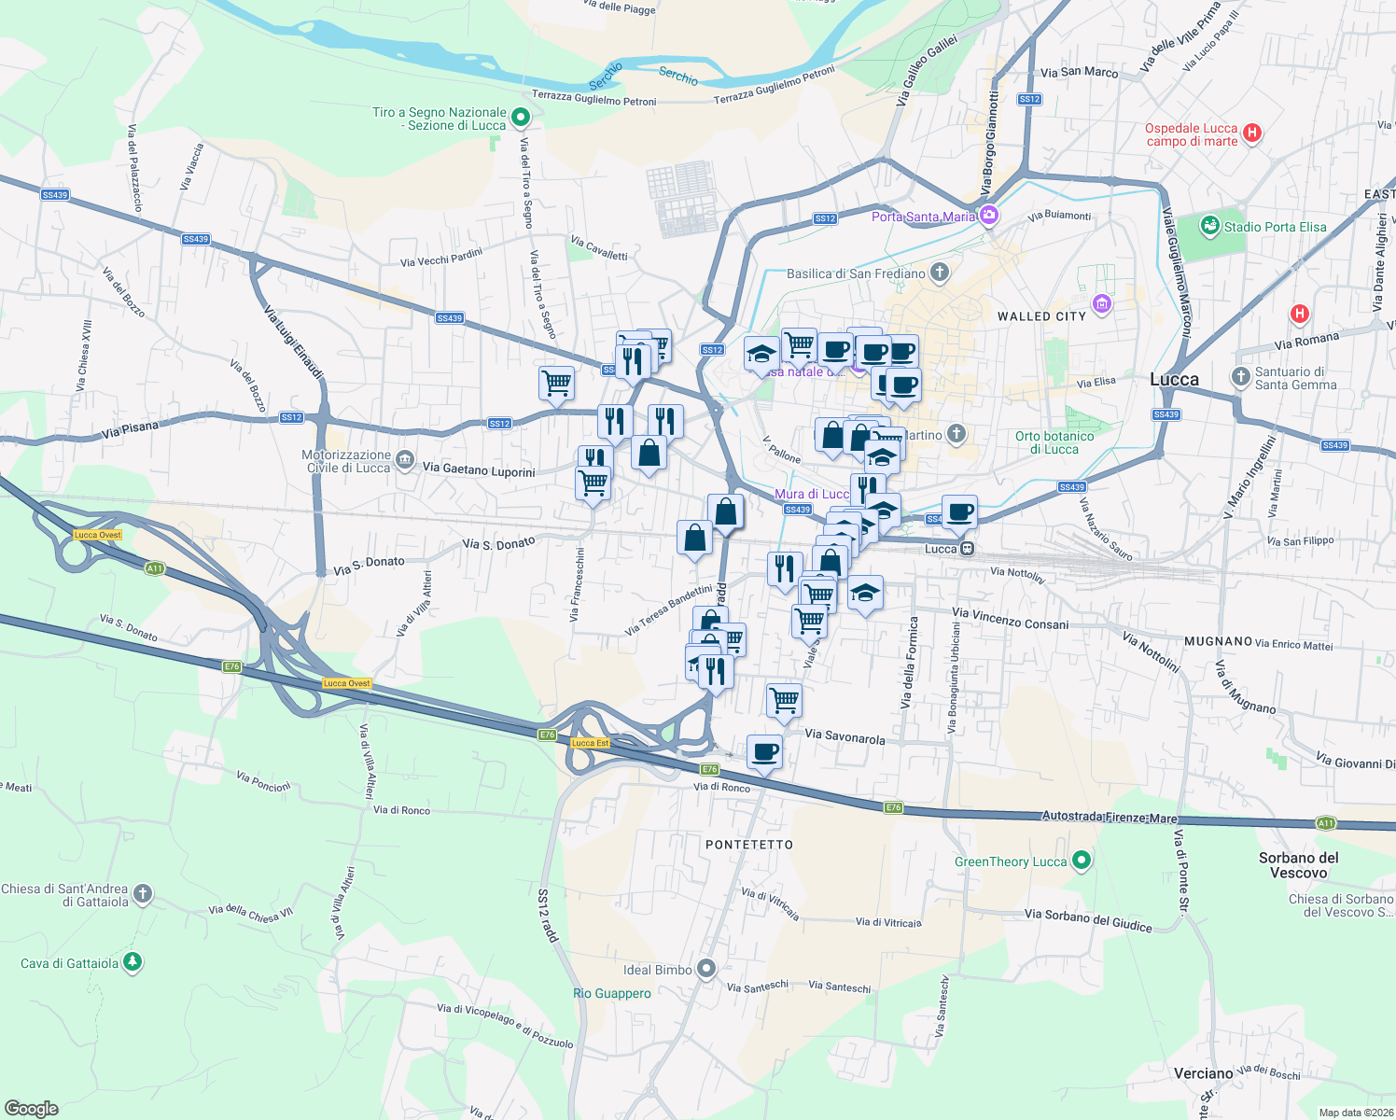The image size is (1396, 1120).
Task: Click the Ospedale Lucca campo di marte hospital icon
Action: pyautogui.click(x=1252, y=133)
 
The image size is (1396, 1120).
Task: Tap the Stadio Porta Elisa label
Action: pyautogui.click(x=1275, y=227)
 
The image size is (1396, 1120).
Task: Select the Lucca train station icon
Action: pyautogui.click(x=968, y=549)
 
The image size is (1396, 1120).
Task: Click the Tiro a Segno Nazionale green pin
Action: pyautogui.click(x=522, y=119)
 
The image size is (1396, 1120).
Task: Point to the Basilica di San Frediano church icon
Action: pyautogui.click(x=940, y=273)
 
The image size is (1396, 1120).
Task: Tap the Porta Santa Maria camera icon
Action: pyautogui.click(x=989, y=217)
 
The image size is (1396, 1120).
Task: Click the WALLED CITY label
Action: pyautogui.click(x=1041, y=316)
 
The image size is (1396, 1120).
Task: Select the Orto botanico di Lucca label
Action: pyautogui.click(x=1054, y=442)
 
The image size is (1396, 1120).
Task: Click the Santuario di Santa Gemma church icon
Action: pyautogui.click(x=1240, y=377)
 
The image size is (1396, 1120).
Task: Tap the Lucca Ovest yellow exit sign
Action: pyautogui.click(x=98, y=535)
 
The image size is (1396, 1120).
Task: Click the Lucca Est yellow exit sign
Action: pyautogui.click(x=590, y=743)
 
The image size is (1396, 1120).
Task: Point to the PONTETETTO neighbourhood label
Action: pyautogui.click(x=749, y=845)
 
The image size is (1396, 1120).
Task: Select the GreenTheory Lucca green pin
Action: pyautogui.click(x=1081, y=861)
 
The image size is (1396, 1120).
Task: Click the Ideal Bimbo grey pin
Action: pyautogui.click(x=706, y=969)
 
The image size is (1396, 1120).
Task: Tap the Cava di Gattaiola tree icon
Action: pyautogui.click(x=133, y=962)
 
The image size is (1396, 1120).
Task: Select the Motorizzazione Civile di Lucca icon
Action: pyautogui.click(x=404, y=459)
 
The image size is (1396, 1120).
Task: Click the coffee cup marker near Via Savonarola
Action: pyautogui.click(x=764, y=752)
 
